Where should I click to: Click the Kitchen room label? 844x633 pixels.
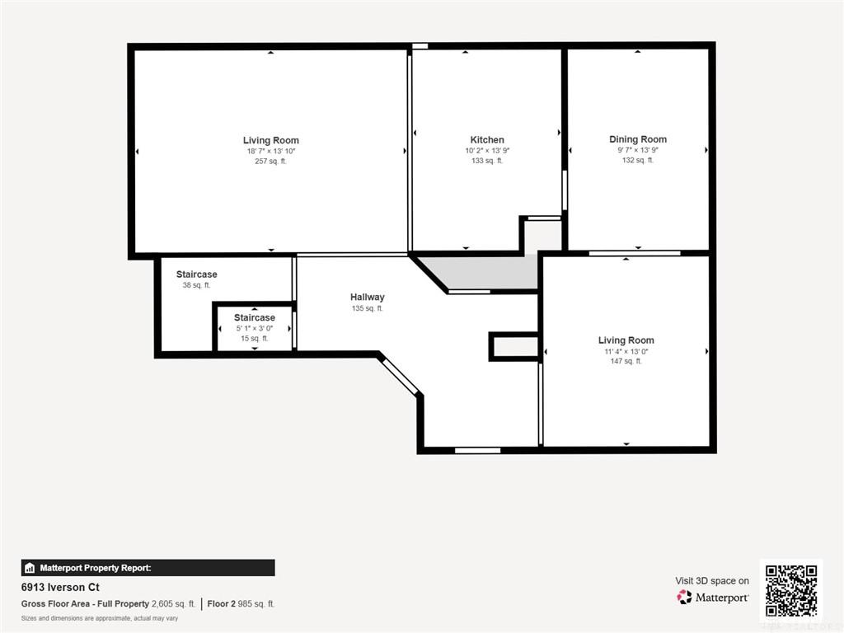tap(487, 140)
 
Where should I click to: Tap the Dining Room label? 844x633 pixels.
tap(638, 139)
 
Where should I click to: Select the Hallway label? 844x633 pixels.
tap(367, 297)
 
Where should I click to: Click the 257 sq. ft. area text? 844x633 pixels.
tap(270, 161)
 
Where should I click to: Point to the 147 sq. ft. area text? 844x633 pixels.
tap(626, 361)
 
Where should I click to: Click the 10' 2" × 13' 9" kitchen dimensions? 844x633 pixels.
tap(487, 151)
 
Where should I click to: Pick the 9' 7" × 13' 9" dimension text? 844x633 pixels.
tap(638, 150)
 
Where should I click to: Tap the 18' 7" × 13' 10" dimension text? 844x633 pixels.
tap(270, 152)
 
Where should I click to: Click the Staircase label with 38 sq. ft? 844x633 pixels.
tap(196, 274)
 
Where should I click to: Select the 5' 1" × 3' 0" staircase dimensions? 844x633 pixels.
tap(255, 328)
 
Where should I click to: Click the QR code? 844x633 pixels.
tap(791, 590)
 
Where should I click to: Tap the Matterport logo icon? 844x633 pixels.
tap(684, 597)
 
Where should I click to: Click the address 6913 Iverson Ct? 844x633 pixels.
tap(60, 587)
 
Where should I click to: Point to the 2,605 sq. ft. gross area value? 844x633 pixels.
tap(173, 604)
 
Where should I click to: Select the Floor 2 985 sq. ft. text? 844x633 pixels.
tap(241, 604)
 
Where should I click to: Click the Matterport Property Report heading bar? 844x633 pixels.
tap(148, 568)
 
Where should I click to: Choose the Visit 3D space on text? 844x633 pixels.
tap(712, 581)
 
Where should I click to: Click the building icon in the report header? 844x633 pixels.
tap(30, 568)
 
